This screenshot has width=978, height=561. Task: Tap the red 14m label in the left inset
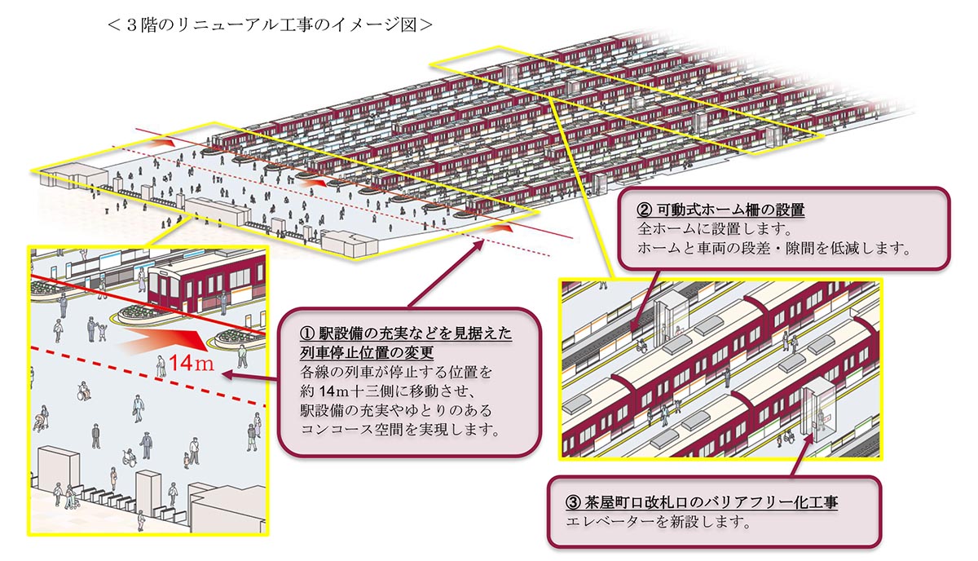192,363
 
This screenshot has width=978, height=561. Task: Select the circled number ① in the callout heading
307,334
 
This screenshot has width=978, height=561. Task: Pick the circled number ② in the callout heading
645,210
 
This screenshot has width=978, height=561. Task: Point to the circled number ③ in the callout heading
573,502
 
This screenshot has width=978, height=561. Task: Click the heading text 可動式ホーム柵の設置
731,210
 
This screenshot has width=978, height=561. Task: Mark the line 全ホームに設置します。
715,229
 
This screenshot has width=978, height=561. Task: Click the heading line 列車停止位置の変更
367,352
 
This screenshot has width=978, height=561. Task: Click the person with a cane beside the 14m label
161,366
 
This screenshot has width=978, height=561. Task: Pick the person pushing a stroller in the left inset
42,417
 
